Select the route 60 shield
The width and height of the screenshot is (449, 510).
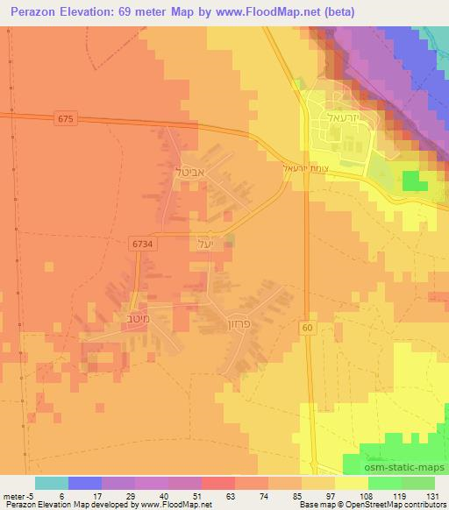coord(308,327)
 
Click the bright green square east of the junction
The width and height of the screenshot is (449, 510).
coord(411,181)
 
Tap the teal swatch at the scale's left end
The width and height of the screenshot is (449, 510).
coord(51,484)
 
